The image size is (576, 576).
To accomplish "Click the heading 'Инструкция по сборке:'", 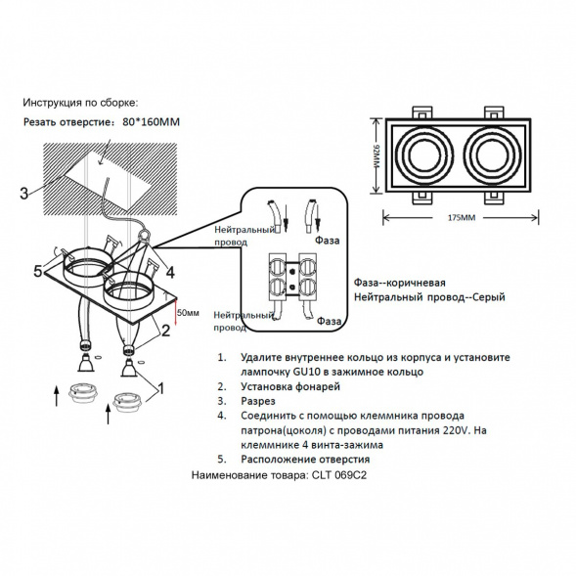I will [x=80, y=102].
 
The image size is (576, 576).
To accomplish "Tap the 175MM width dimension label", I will [x=462, y=216].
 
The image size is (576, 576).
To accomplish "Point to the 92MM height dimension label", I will [x=374, y=154].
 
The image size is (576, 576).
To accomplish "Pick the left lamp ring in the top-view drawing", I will [x=423, y=154].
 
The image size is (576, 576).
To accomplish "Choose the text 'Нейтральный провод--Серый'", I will [x=428, y=296].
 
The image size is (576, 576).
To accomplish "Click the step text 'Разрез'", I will [x=259, y=401].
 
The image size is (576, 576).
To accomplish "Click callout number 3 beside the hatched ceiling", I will [x=23, y=193].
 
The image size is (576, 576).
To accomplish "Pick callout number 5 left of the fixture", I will [x=38, y=272].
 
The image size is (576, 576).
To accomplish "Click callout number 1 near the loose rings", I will [x=160, y=388].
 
